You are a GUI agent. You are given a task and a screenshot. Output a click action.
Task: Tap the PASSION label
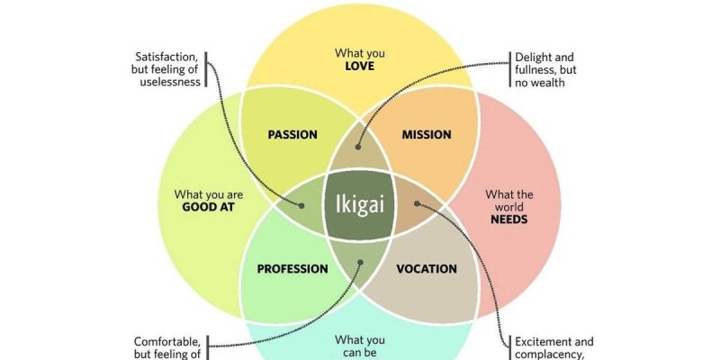tap(292, 135)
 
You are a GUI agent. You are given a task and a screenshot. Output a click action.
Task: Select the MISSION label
tap(427, 135)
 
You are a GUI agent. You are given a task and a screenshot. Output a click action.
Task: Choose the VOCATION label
tap(427, 268)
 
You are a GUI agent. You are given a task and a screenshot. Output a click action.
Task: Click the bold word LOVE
tap(359, 67)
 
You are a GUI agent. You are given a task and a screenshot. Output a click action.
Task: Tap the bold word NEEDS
tap(509, 219)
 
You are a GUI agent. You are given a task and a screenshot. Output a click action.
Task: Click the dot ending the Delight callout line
tap(359, 144)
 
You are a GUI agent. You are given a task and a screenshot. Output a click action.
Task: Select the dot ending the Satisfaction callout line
tap(301, 205)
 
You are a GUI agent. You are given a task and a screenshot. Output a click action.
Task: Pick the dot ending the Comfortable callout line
tap(359, 264)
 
